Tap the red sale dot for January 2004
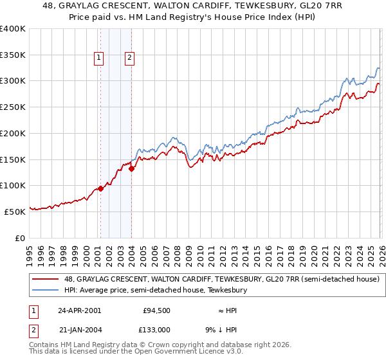coord(131,169)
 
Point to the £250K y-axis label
coord(13,107)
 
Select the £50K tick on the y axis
coord(15,211)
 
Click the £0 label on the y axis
coord(21,237)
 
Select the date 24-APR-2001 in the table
coord(79,310)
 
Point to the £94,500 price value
coord(156,310)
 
